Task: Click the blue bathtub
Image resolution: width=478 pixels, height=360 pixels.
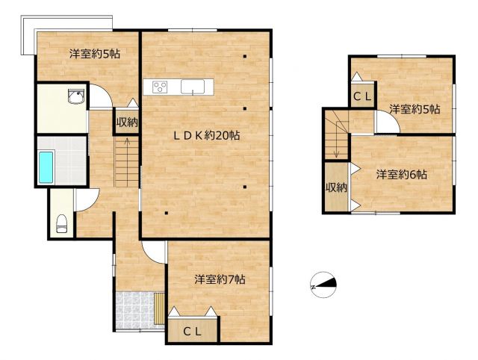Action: pyautogui.click(x=46, y=167)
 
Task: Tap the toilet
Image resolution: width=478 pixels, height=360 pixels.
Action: pyautogui.click(x=61, y=224)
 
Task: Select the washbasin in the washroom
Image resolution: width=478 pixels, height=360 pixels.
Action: pyautogui.click(x=76, y=97)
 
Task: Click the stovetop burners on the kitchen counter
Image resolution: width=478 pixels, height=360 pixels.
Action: pyautogui.click(x=160, y=87)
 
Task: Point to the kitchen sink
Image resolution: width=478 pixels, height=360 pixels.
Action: pyautogui.click(x=193, y=87)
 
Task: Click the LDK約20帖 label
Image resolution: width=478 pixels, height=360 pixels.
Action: pyautogui.click(x=207, y=135)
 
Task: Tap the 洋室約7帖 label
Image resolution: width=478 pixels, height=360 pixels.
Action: pyautogui.click(x=220, y=279)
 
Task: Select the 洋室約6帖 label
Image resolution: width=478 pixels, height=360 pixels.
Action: pyautogui.click(x=401, y=175)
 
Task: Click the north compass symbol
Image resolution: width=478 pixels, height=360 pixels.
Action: pyautogui.click(x=323, y=285)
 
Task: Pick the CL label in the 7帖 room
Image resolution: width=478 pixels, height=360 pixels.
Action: pyautogui.click(x=193, y=332)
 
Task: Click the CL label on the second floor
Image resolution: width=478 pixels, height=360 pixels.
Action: pyautogui.click(x=362, y=97)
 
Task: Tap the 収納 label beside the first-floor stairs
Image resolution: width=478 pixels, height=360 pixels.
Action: pyautogui.click(x=127, y=122)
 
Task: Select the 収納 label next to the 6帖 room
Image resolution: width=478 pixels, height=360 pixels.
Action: pyautogui.click(x=336, y=187)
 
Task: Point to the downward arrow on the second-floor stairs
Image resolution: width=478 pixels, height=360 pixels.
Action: pyautogui.click(x=336, y=140)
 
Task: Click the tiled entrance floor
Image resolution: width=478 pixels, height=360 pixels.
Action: pyautogui.click(x=134, y=310)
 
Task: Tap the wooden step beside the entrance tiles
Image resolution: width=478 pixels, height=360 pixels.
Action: pyautogui.click(x=159, y=308)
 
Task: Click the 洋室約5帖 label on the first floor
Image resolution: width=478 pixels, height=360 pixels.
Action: pyautogui.click(x=95, y=54)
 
